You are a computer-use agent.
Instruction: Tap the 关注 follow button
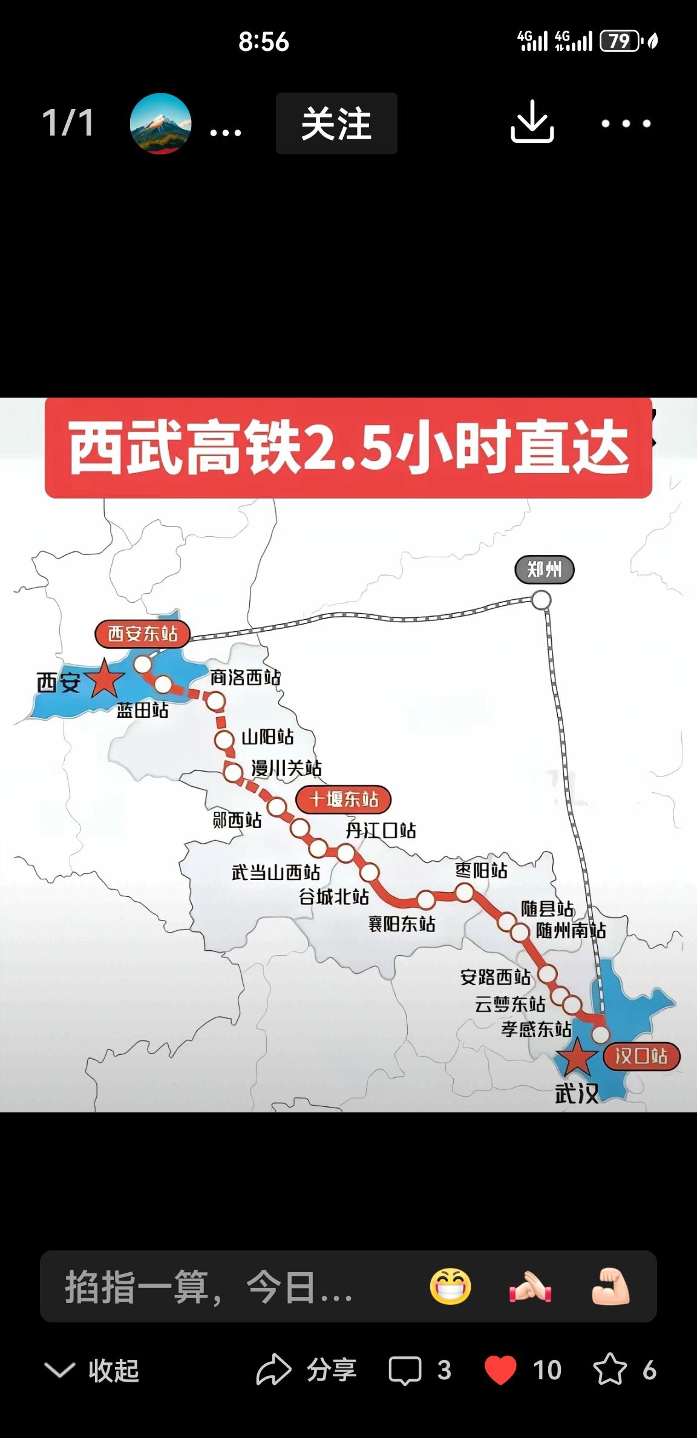coord(336,123)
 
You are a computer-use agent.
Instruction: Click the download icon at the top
coord(532,123)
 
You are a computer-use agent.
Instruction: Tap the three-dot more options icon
coord(626,123)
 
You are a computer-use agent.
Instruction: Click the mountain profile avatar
coord(160,123)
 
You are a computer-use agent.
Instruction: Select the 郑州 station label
coord(544,570)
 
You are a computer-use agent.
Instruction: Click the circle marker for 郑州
coord(541,600)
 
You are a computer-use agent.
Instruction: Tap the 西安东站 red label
coord(142,634)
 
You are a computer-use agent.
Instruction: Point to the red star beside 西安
coord(105,679)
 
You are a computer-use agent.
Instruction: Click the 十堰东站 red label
coord(343,799)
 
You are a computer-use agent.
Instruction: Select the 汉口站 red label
coord(641,1056)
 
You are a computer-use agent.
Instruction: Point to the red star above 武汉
coord(575,1057)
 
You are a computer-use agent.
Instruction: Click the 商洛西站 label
coord(245,677)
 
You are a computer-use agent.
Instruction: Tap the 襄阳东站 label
coord(402,924)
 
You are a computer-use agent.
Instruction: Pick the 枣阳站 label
coord(481,870)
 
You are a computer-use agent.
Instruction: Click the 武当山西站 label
coord(276,872)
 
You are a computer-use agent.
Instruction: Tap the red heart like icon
coord(500,1370)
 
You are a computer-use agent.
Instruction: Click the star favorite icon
coord(609,1370)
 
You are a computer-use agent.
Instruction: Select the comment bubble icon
coord(405,1370)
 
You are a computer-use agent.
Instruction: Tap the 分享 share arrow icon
coord(273,1370)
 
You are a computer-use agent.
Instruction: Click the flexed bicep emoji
coord(610,1286)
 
